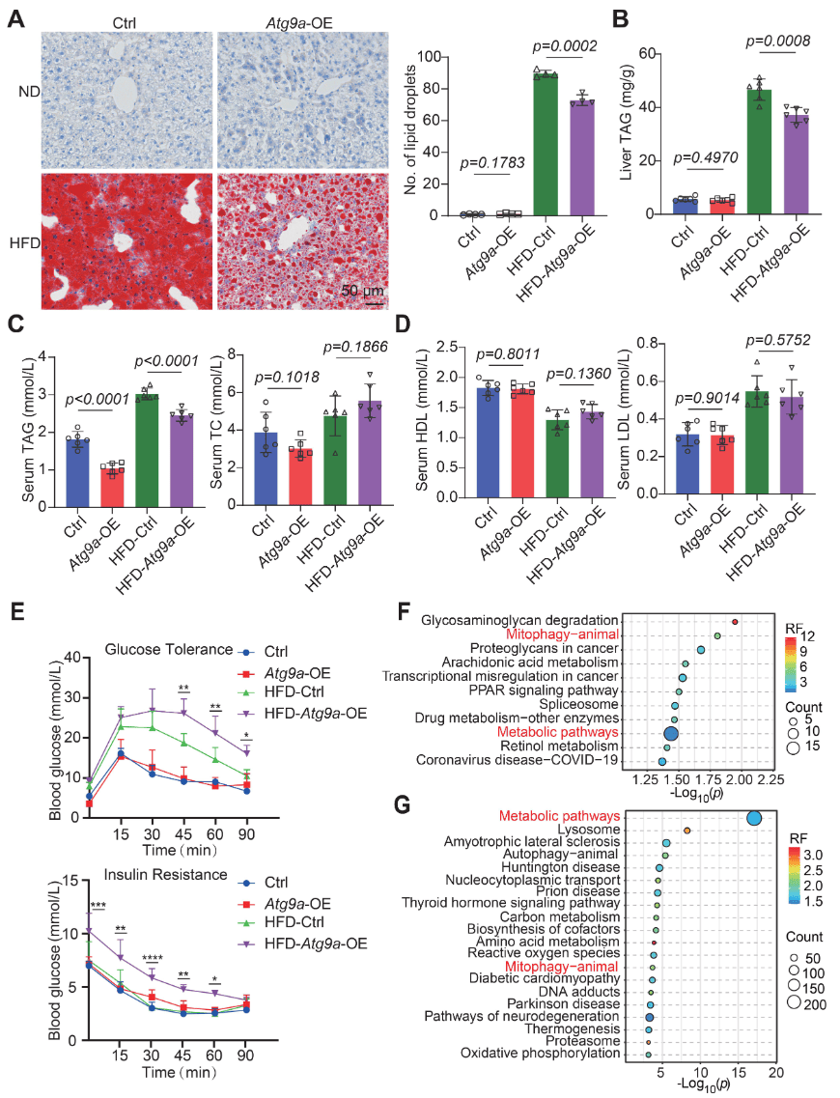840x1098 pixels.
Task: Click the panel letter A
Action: pyautogui.click(x=16, y=21)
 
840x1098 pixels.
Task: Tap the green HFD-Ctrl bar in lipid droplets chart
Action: pyautogui.click(x=544, y=145)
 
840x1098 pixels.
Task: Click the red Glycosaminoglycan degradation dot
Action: pyautogui.click(x=736, y=622)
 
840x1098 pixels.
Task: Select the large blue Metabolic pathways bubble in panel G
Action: pyautogui.click(x=754, y=819)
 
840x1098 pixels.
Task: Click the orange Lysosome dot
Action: pyautogui.click(x=686, y=831)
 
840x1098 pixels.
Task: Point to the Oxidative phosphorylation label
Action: pyautogui.click(x=540, y=1053)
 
